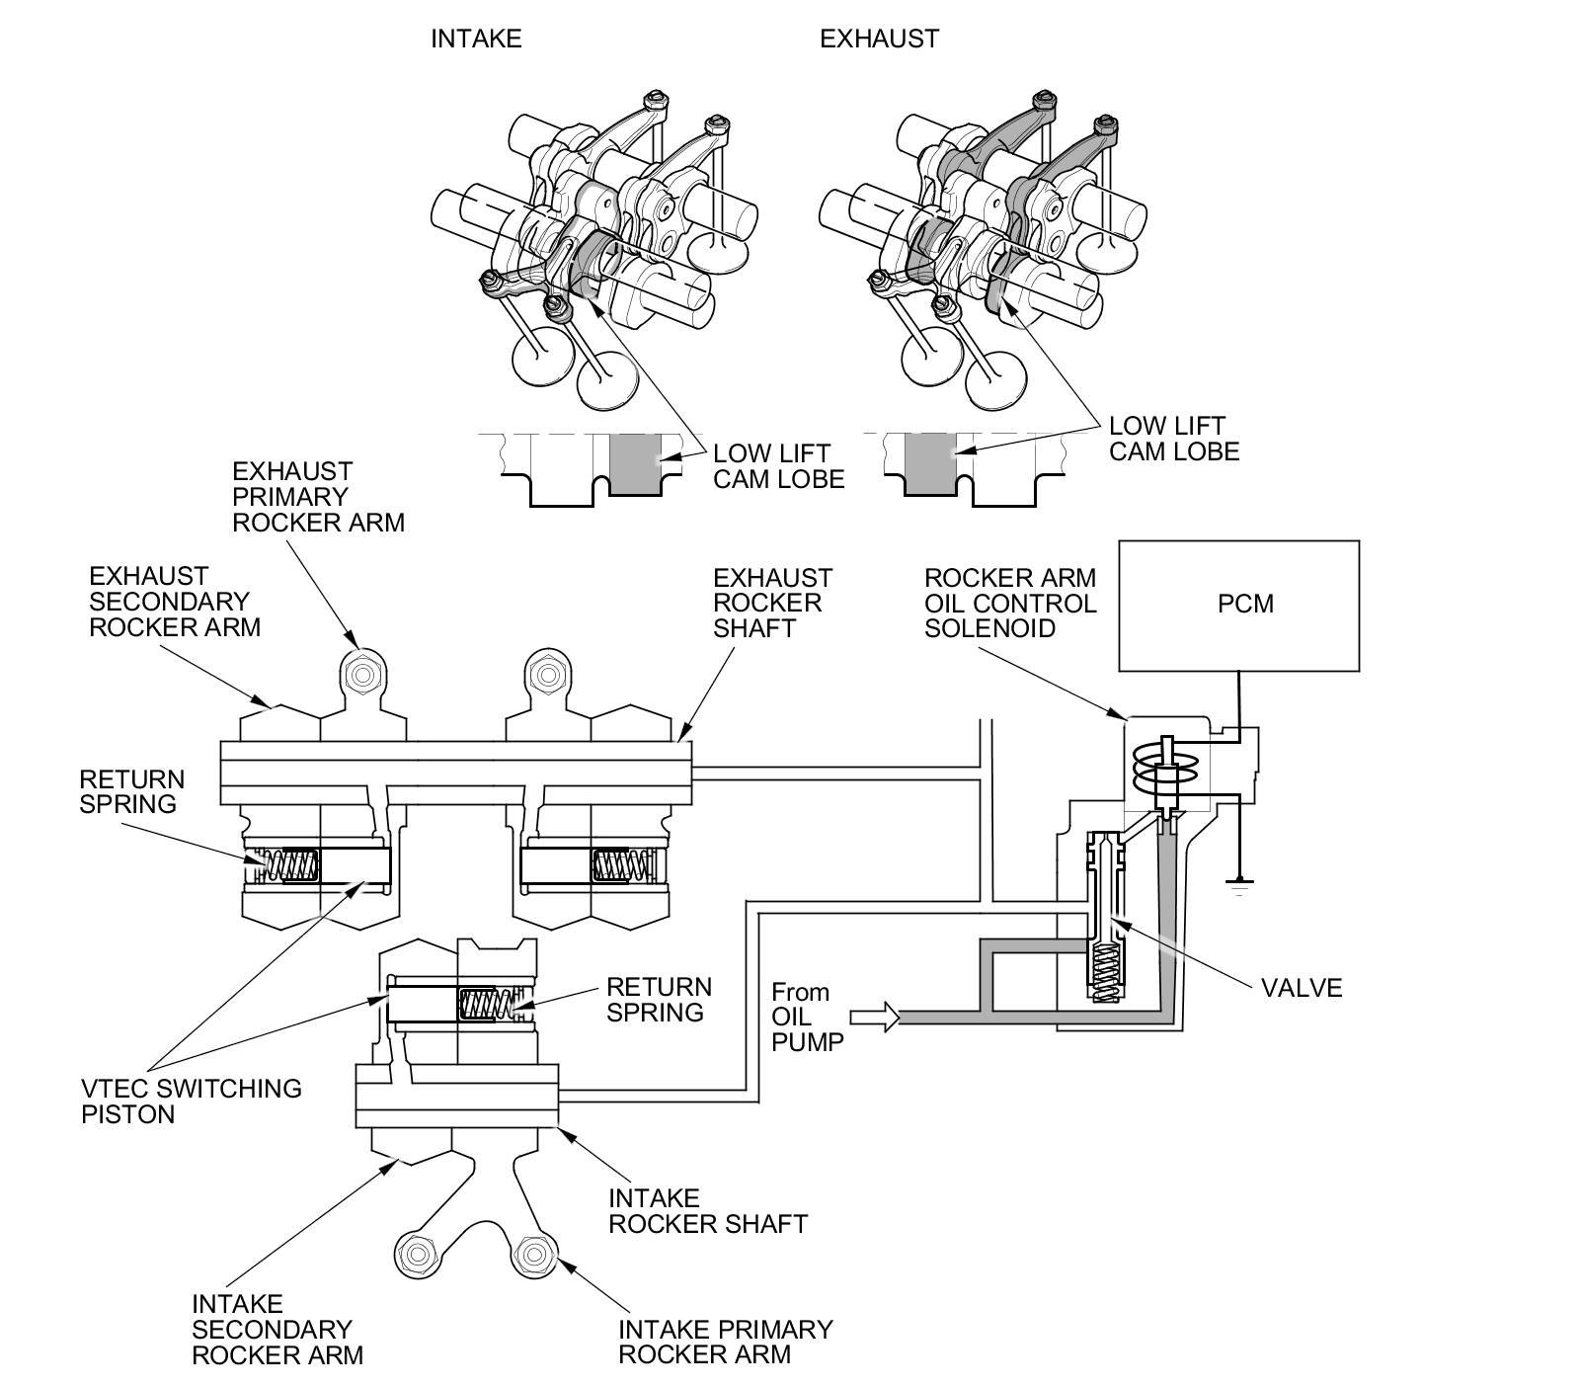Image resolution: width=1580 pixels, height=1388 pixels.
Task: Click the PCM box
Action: [1239, 605]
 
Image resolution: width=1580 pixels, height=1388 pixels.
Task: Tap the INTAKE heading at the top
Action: [475, 39]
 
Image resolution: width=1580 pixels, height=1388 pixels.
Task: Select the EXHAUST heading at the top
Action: [879, 39]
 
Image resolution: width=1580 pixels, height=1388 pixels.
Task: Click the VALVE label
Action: [1302, 988]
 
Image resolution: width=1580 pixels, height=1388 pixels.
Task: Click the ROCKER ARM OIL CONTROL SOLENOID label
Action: [1010, 603]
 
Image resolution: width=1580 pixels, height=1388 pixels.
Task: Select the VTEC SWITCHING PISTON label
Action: [191, 1101]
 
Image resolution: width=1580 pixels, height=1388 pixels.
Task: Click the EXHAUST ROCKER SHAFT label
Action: [772, 603]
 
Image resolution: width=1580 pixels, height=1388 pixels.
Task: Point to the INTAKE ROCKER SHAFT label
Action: [707, 1211]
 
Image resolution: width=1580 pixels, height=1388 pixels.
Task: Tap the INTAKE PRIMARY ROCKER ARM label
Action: [725, 1342]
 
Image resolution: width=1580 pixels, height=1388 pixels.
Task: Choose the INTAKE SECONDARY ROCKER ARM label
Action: [276, 1330]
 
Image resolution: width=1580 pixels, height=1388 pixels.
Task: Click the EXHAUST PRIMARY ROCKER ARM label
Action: [318, 496]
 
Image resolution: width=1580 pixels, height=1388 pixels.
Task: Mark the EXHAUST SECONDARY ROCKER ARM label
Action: [175, 601]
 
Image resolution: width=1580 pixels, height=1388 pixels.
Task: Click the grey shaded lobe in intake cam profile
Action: [634, 464]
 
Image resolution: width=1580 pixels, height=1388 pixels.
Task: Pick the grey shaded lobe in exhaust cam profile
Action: [930, 464]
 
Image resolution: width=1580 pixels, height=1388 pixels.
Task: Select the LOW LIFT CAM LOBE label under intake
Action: [778, 466]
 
